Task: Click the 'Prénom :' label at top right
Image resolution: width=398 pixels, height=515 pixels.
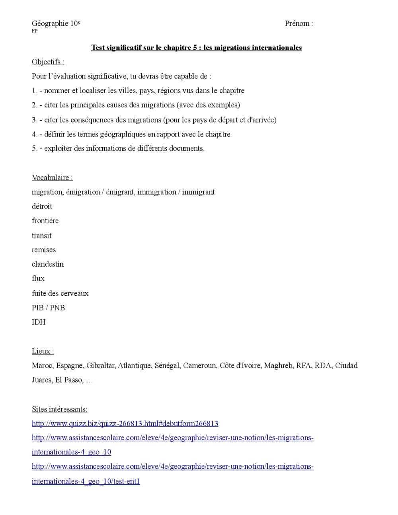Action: [x=298, y=23]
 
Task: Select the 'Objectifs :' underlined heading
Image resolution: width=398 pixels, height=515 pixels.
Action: [x=48, y=62]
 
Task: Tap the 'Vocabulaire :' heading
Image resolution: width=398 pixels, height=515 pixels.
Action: [x=52, y=178]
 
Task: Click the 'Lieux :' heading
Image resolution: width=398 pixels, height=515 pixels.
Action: [x=43, y=351]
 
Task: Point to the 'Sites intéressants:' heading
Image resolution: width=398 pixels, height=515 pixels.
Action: [x=59, y=409]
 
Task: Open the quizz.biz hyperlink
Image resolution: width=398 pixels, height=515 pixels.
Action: [x=125, y=423]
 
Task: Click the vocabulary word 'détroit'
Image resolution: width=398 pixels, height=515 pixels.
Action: [x=42, y=206]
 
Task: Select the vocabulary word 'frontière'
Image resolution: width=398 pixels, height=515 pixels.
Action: [x=45, y=220]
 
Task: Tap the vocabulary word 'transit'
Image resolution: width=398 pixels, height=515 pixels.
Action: [x=41, y=236]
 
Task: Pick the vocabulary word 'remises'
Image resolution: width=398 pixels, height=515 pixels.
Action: [x=44, y=250]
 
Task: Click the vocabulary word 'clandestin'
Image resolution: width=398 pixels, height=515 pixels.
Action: [x=47, y=264]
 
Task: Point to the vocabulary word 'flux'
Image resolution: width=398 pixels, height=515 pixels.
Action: [x=38, y=279]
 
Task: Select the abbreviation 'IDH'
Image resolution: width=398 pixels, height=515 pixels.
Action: [x=39, y=322]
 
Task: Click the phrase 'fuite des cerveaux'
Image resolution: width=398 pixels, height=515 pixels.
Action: [x=60, y=293]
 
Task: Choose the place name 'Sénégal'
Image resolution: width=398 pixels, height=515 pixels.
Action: [x=167, y=365]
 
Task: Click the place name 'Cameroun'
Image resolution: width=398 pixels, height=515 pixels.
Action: [x=199, y=365]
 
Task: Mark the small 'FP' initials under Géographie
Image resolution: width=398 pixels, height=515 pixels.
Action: [x=35, y=31]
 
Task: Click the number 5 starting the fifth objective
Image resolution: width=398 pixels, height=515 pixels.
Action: [x=34, y=148]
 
